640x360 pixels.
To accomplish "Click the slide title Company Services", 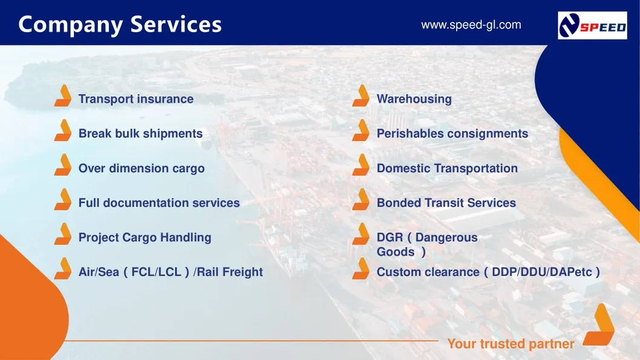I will (120, 24).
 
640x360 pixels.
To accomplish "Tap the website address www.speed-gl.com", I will (471, 25).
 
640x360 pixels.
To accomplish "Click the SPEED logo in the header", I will (592, 25).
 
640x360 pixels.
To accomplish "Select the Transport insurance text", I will (136, 99).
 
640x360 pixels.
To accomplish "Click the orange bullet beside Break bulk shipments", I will (62, 131).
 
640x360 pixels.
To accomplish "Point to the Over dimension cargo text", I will (141, 169).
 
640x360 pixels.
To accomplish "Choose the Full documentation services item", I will (158, 203).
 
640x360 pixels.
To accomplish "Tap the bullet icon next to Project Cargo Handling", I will (62, 234).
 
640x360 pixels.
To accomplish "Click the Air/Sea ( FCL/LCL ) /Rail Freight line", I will (170, 272).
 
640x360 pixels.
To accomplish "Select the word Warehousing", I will (414, 99).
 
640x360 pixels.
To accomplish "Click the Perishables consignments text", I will (452, 134).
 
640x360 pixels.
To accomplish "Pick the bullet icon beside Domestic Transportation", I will (361, 165).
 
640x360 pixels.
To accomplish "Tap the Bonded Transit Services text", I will (446, 203).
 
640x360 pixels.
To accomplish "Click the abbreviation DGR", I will (390, 238).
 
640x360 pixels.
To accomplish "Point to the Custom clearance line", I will (488, 272).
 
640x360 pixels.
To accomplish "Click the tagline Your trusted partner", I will (510, 344).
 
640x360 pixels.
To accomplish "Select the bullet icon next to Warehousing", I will (361, 96).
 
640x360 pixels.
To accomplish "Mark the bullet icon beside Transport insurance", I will (62, 96).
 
